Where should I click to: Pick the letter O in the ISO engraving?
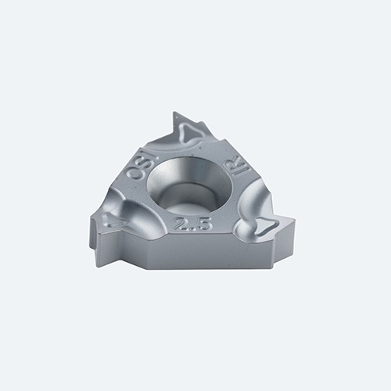(x=131, y=174)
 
